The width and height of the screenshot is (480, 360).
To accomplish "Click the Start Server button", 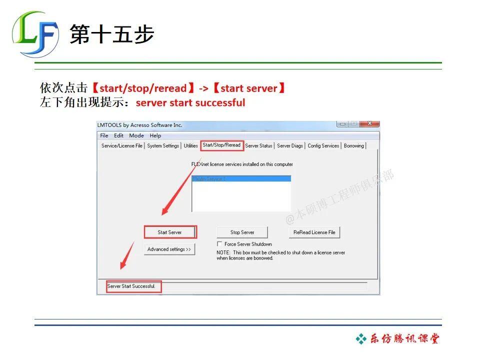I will click(x=170, y=232).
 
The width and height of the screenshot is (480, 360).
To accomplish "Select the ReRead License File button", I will click(x=314, y=232).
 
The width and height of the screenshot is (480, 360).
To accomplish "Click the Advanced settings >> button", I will click(x=169, y=249).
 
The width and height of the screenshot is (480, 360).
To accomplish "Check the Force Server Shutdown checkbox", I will click(x=219, y=244).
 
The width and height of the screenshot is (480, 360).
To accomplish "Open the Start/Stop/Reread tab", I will click(x=221, y=145).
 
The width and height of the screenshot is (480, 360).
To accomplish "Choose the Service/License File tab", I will click(x=122, y=146).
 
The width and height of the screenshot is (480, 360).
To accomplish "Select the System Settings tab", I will click(x=163, y=146).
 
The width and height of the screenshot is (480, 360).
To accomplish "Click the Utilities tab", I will click(x=190, y=146).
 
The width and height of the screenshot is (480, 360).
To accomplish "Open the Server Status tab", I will click(x=259, y=146).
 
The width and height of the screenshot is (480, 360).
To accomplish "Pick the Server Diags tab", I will click(x=290, y=146).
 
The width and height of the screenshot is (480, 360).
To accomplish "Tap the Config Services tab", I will click(x=323, y=146).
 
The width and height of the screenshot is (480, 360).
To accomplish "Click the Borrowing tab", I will click(x=354, y=146).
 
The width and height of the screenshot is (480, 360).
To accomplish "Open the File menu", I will click(x=104, y=135).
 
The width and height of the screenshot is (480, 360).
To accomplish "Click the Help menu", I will click(x=155, y=135).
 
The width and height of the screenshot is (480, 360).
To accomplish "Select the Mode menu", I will click(x=136, y=135).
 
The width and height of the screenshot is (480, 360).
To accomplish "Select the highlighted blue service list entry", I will click(x=241, y=178).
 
